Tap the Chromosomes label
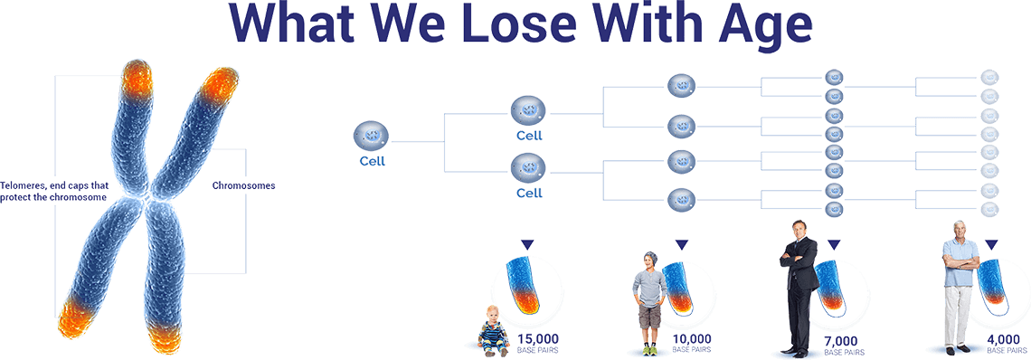[243, 185]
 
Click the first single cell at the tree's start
[372, 137]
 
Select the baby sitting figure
[495, 329]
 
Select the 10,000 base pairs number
[692, 339]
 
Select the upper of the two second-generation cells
[527, 112]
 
